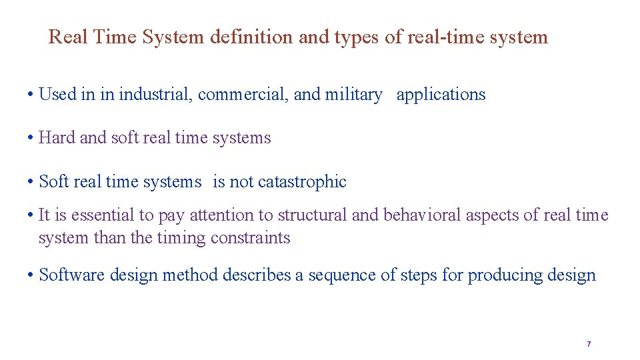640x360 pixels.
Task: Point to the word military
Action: [x=353, y=95]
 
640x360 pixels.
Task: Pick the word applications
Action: [x=441, y=95]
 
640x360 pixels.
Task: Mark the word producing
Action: [x=500, y=275]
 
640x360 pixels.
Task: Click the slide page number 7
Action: [x=589, y=344]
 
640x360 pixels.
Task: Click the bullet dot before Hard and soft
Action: [x=31, y=139]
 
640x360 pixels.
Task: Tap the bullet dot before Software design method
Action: [x=31, y=275]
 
